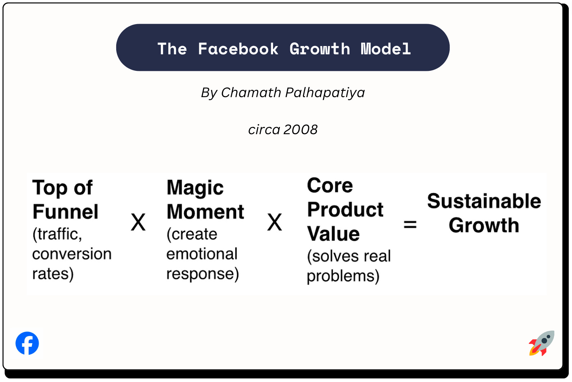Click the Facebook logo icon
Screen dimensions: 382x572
(x=27, y=343)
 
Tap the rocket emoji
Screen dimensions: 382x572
(x=541, y=343)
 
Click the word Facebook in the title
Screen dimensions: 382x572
(x=238, y=49)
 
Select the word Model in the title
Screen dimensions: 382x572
(x=386, y=49)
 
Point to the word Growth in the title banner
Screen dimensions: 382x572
(x=319, y=49)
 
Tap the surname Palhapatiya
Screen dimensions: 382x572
(x=325, y=92)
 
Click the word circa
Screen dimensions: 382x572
(x=264, y=129)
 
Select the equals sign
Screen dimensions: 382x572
(x=410, y=225)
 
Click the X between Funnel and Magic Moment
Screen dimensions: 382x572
(x=138, y=222)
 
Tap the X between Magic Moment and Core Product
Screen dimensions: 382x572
(x=274, y=222)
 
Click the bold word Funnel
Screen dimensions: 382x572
(x=65, y=212)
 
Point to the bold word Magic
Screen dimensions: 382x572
(x=195, y=188)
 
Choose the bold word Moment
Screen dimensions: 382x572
(x=205, y=212)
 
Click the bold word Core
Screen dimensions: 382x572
(x=330, y=186)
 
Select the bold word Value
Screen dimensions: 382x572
(x=333, y=234)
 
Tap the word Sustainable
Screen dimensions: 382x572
(x=484, y=201)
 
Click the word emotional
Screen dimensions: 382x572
(x=202, y=254)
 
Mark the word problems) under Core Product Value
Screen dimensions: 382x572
(x=343, y=276)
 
